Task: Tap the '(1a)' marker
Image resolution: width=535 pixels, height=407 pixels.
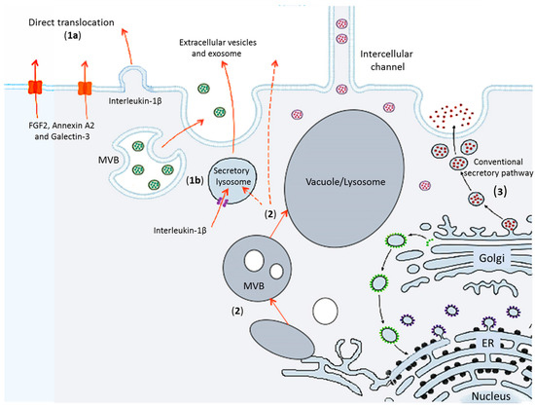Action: tap(72, 35)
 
